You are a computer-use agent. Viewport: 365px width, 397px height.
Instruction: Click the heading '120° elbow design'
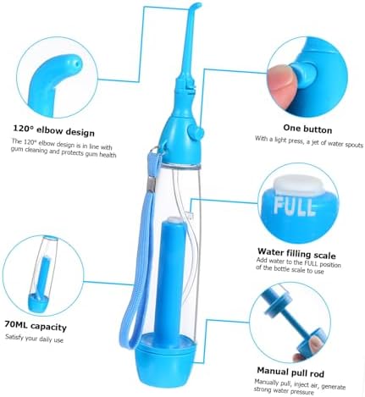[x=53, y=130]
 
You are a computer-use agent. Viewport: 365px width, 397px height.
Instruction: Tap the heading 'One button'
[x=307, y=129]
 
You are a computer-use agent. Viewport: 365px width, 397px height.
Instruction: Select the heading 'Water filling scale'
[x=296, y=253]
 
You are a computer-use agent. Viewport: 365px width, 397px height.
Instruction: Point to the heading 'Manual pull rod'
[x=290, y=372]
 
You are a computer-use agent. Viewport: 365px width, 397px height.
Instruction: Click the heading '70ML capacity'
[x=36, y=326]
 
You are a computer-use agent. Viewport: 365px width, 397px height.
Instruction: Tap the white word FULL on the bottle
[x=294, y=207]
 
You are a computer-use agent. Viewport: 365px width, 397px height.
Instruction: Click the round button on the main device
[x=196, y=132]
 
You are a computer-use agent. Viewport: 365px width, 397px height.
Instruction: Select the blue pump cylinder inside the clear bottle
[x=169, y=277]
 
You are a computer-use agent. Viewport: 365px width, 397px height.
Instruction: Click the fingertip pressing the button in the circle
[x=282, y=83]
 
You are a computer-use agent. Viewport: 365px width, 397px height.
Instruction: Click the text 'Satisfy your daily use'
[x=34, y=338]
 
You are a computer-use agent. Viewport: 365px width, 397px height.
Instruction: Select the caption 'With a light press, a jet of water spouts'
[x=309, y=142]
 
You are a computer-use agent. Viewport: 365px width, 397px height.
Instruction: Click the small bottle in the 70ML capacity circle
[x=42, y=273]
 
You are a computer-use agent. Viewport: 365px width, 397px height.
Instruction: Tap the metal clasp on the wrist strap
[x=152, y=184]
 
